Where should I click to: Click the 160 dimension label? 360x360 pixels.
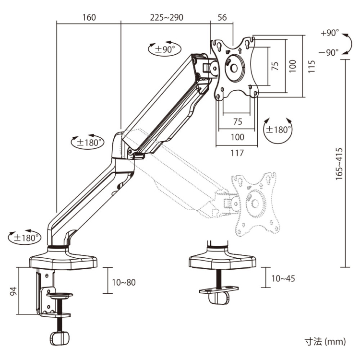[89, 18]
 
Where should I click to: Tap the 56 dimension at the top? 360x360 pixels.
[222, 18]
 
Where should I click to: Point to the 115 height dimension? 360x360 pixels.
[312, 66]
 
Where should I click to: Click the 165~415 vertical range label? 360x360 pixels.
[339, 163]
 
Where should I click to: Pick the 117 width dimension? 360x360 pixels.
[237, 153]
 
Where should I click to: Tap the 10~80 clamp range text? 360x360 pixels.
[123, 282]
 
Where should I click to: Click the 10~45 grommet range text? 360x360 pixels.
[283, 278]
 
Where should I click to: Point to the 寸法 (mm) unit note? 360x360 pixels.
[324, 342]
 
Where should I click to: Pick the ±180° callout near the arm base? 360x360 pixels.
[24, 237]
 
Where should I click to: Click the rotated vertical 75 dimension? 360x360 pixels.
[275, 66]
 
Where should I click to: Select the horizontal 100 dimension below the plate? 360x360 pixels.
[237, 137]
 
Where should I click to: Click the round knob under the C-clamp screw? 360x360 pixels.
[60, 337]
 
